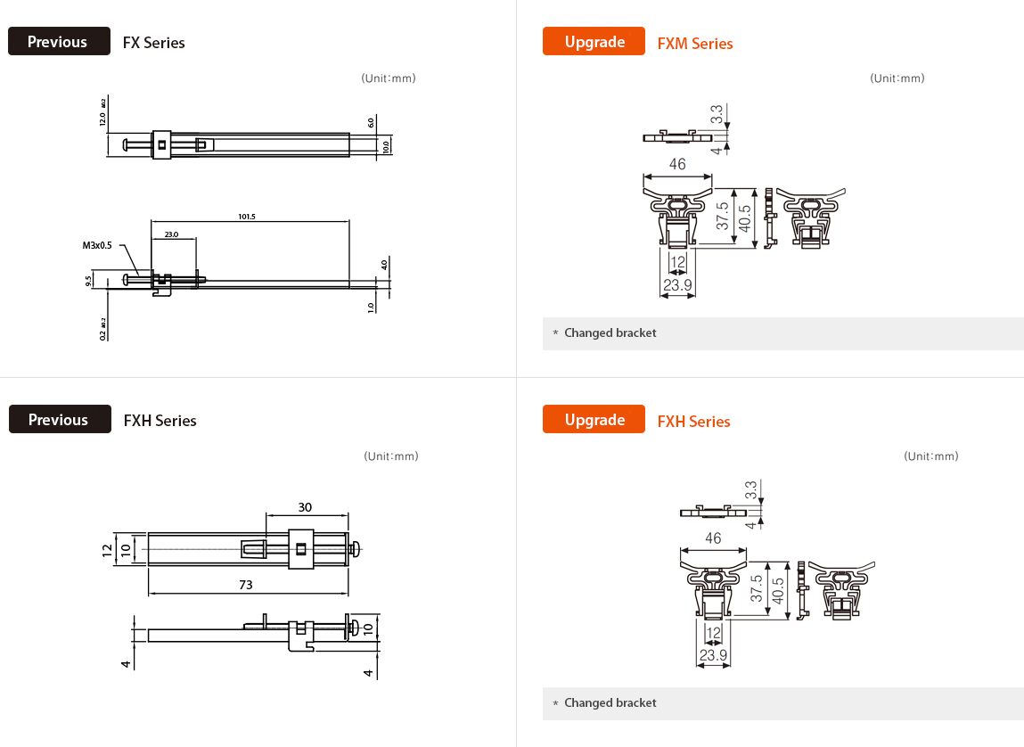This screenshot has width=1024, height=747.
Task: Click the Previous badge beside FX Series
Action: pos(59,42)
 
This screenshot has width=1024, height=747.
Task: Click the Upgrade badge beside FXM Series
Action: pos(594,42)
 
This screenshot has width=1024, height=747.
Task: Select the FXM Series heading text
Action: pos(695,44)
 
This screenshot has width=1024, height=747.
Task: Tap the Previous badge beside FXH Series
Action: pos(59,420)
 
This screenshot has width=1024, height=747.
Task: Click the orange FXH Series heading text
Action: pos(693,422)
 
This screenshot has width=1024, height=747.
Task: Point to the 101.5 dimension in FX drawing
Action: pos(247,217)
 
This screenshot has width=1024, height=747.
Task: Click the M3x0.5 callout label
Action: pos(98,245)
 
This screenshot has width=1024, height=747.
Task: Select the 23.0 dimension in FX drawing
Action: pos(171,234)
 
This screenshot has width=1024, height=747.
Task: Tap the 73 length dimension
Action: pos(246,585)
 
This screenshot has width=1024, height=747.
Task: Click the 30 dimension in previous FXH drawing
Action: pos(305,506)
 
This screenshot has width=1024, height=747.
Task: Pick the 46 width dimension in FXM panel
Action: pos(677,164)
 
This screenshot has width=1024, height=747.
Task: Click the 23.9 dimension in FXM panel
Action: pos(677,285)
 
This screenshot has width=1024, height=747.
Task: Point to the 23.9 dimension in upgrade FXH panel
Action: pos(713,655)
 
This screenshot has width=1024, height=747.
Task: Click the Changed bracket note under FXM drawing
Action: pos(610,333)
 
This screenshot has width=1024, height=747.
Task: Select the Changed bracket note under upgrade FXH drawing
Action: pos(610,703)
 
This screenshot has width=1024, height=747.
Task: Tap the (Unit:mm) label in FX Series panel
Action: pos(389,78)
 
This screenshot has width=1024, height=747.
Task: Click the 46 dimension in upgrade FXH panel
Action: pos(713,538)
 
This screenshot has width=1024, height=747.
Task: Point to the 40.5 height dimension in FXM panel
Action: pos(746,218)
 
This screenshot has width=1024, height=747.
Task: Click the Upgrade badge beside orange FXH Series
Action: pos(594,420)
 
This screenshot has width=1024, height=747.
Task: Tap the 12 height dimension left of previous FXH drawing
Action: pos(107,548)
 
